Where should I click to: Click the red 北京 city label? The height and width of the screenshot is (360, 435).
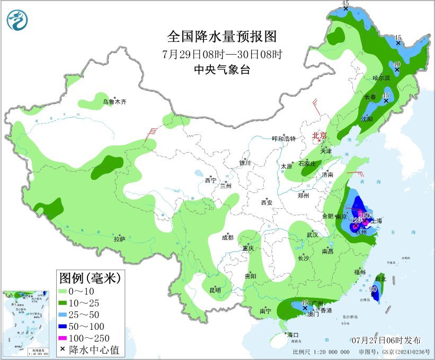click(320, 135)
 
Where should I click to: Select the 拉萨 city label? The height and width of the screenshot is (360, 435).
click(119, 239)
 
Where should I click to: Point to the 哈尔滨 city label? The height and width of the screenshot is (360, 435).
click(381, 78)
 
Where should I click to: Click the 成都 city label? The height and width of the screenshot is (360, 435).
click(228, 238)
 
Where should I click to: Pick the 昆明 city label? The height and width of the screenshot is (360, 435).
click(215, 289)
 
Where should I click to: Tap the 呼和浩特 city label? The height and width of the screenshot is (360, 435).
click(283, 139)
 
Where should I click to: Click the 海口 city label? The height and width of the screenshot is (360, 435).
click(293, 335)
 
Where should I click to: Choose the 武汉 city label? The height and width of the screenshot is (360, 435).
click(312, 234)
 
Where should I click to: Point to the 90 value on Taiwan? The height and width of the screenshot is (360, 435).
click(374, 289)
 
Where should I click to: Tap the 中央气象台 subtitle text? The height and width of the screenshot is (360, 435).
click(222, 69)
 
